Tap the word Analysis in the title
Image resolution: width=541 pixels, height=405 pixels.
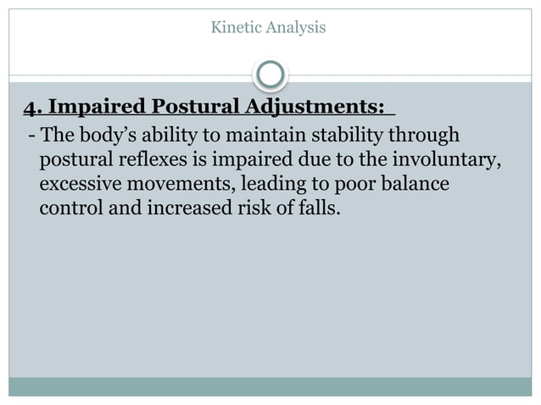(296, 29)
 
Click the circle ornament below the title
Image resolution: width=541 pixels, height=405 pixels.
(270, 75)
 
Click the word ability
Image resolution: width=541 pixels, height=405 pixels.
(166, 136)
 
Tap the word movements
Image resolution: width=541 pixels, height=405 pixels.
(176, 183)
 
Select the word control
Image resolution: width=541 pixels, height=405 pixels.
(68, 207)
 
